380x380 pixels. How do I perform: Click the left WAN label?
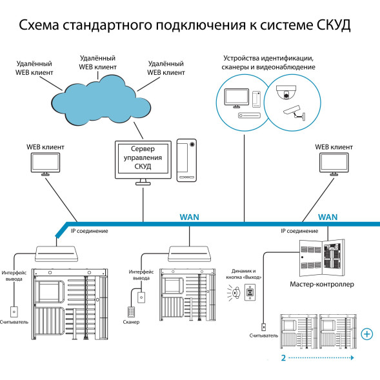click(x=190, y=217)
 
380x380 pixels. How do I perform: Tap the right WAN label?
click(x=328, y=217)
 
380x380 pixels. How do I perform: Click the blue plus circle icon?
click(x=366, y=334)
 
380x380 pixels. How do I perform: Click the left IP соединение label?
click(x=88, y=230)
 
